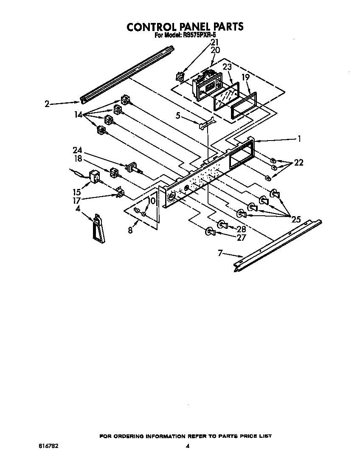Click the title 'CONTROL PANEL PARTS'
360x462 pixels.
185,26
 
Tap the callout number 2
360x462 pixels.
47,103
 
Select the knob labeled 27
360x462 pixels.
209,232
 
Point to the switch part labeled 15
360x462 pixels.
94,176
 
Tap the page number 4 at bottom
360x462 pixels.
187,446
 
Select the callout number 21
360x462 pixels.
215,42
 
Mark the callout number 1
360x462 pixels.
299,138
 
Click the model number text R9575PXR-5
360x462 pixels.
199,36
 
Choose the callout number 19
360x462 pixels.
245,77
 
